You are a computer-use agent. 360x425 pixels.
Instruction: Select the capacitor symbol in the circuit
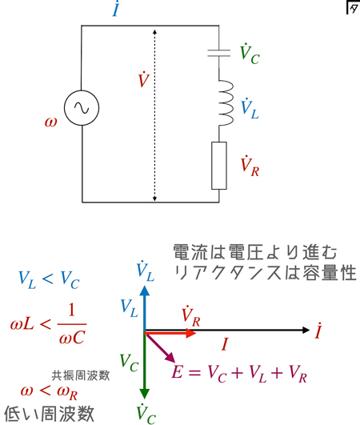pyautogui.click(x=219, y=53)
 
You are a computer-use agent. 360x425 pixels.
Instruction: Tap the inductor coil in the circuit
pyautogui.click(x=226, y=102)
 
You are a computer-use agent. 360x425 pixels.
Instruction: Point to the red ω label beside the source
pyautogui.click(x=51, y=122)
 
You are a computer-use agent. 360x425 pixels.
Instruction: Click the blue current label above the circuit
pyautogui.click(x=116, y=9)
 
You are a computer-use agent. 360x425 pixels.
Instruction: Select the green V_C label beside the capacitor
pyautogui.click(x=250, y=54)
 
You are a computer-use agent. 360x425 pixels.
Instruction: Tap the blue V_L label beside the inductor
pyautogui.click(x=250, y=109)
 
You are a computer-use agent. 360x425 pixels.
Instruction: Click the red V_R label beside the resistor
pyautogui.click(x=250, y=166)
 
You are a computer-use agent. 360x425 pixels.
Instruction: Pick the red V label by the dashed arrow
pyautogui.click(x=144, y=79)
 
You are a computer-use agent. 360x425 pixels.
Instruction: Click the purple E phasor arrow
pyautogui.click(x=160, y=347)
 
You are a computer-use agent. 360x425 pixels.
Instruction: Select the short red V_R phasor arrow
pyautogui.click(x=170, y=333)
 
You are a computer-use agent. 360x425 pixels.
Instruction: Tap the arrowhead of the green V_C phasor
pyautogui.click(x=145, y=394)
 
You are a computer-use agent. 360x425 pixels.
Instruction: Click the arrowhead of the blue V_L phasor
pyautogui.click(x=145, y=291)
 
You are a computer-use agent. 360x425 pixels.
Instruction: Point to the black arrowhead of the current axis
pyautogui.click(x=306, y=330)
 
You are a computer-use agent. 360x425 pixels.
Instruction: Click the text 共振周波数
pyautogui.click(x=81, y=375)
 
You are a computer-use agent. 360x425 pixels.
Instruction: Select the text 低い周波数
pyautogui.click(x=49, y=414)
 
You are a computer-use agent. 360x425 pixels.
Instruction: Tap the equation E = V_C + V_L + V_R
pyautogui.click(x=239, y=373)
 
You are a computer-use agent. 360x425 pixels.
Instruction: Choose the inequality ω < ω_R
pyautogui.click(x=49, y=392)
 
